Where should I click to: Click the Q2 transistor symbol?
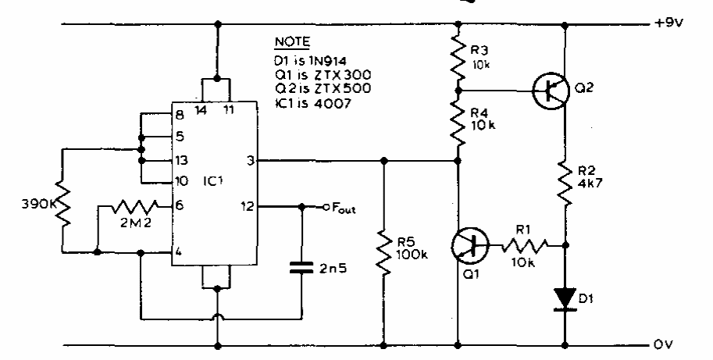[551, 91]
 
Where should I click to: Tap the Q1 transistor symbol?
[469, 246]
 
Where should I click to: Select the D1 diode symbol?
[565, 299]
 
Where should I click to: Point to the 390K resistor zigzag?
[64, 205]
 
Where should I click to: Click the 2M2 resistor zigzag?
[134, 207]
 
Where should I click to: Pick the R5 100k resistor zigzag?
[384, 254]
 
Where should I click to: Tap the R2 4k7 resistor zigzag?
[565, 183]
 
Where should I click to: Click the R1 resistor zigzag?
[525, 246]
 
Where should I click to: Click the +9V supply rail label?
[668, 23]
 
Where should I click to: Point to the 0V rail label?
[664, 344]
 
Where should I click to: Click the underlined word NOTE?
[292, 42]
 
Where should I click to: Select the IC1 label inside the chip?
[213, 181]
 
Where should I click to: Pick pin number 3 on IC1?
[250, 160]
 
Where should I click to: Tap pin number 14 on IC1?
[200, 109]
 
